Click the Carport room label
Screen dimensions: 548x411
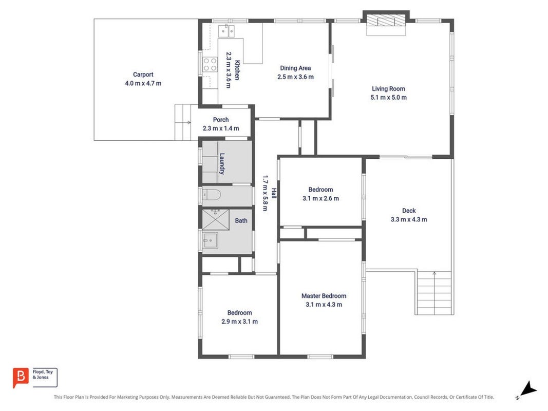pyautogui.click(x=143, y=74)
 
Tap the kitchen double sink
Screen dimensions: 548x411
pyautogui.click(x=226, y=31)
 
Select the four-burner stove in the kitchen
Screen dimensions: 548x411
pyautogui.click(x=210, y=64)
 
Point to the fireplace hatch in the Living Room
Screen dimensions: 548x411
pyautogui.click(x=386, y=20)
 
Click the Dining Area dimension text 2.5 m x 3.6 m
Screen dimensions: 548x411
pyautogui.click(x=295, y=77)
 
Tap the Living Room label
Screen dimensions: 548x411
pyautogui.click(x=388, y=89)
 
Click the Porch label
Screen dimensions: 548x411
pyautogui.click(x=221, y=120)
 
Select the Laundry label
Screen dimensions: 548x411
pyautogui.click(x=222, y=163)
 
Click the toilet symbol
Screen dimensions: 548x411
pyautogui.click(x=212, y=195)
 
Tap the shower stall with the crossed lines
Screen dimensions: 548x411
pyautogui.click(x=216, y=220)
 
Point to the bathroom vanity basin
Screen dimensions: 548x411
pyautogui.click(x=210, y=240)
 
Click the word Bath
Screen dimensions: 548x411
pyautogui.click(x=241, y=220)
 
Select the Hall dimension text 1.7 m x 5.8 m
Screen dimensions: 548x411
pyautogui.click(x=265, y=193)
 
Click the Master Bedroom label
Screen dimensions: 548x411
pyautogui.click(x=324, y=296)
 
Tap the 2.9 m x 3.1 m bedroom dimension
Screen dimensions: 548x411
pyautogui.click(x=239, y=322)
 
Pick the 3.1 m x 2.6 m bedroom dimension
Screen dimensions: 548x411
pyautogui.click(x=320, y=198)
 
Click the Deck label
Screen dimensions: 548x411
pyautogui.click(x=409, y=211)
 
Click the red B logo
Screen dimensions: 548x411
pyautogui.click(x=20, y=378)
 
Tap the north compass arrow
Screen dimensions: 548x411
pyautogui.click(x=529, y=389)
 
